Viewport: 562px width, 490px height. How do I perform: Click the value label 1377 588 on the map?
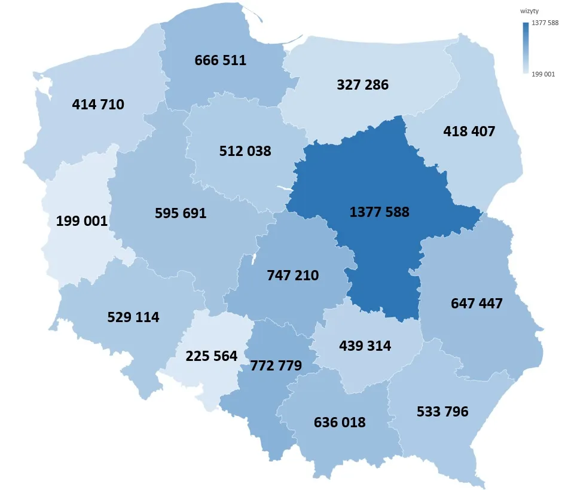(379, 212)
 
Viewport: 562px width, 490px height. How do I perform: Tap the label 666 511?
(221, 60)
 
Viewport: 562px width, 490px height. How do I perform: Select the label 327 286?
(362, 85)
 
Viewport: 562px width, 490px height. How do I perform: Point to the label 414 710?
(98, 105)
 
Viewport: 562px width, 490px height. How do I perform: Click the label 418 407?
(469, 131)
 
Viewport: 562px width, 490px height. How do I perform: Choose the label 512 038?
(245, 151)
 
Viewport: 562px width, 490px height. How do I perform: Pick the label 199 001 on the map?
(82, 221)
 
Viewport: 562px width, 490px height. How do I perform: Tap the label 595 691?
(181, 213)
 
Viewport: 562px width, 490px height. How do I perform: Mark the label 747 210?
(293, 275)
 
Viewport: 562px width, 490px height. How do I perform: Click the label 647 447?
(477, 304)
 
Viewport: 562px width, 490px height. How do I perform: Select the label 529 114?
(133, 317)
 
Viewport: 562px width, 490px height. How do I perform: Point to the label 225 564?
(212, 356)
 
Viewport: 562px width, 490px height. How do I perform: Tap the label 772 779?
(276, 365)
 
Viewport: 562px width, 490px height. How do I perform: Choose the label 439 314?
(365, 345)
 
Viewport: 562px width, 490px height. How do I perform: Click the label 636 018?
(340, 422)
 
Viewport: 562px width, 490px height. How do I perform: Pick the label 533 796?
(442, 411)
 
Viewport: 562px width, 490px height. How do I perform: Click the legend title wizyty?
(530, 11)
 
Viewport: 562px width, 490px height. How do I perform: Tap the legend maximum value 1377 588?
(545, 23)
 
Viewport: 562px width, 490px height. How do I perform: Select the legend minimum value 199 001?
(543, 74)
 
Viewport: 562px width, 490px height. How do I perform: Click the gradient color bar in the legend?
(526, 48)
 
